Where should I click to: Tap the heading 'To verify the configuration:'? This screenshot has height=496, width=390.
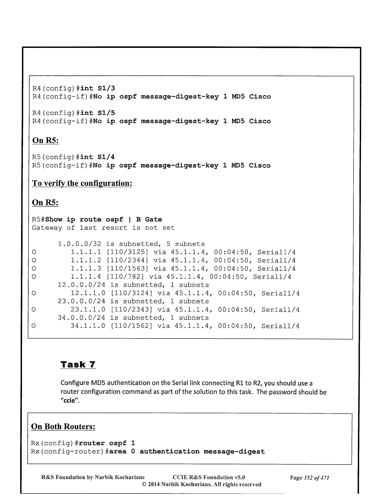[x=82, y=183]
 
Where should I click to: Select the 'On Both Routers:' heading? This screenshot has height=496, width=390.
[x=63, y=426]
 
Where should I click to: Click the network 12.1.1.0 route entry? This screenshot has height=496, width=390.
[x=88, y=293]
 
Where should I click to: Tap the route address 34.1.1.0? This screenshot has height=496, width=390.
[x=88, y=326]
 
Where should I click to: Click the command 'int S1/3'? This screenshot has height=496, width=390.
[x=97, y=88]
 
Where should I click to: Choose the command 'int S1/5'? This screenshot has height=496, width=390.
[x=97, y=113]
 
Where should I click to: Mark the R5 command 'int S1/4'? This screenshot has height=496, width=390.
[x=97, y=157]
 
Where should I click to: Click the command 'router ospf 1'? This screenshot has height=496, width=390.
[x=107, y=443]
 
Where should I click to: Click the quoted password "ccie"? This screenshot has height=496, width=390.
[x=69, y=401]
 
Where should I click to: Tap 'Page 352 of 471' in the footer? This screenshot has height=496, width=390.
[x=309, y=478]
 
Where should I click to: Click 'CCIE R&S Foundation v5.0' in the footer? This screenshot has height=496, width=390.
[x=209, y=478]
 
